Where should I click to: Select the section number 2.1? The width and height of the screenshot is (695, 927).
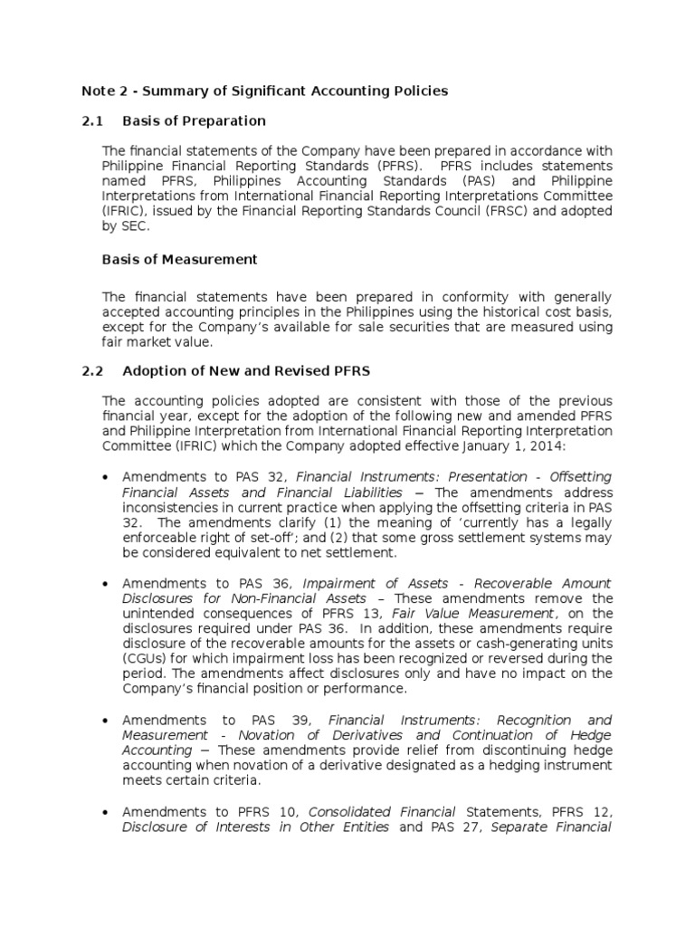(93, 120)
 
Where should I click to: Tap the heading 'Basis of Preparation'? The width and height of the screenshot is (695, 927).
(194, 120)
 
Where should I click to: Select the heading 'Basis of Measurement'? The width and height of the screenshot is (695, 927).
(180, 260)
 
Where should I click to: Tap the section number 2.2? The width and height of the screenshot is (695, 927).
(93, 370)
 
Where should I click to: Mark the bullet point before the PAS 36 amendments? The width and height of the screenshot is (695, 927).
(108, 584)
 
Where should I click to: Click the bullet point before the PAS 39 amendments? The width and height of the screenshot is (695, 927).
(108, 721)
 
